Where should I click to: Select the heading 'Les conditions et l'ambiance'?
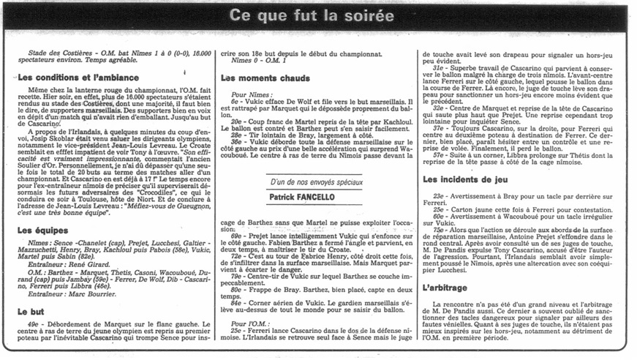click(75, 77)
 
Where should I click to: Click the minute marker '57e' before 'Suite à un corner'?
click(439, 155)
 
